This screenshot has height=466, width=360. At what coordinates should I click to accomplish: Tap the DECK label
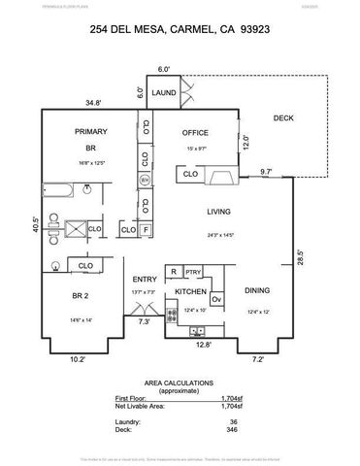(x=282, y=117)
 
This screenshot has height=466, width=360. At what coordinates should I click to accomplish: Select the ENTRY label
(x=144, y=279)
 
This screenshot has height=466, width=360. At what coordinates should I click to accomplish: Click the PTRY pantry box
(x=193, y=272)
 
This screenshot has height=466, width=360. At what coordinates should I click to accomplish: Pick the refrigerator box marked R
(x=173, y=272)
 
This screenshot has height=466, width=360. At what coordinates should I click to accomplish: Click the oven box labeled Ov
(x=216, y=300)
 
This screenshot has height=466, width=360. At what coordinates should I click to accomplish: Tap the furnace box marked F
(x=145, y=230)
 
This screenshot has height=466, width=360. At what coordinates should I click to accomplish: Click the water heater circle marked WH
(x=145, y=181)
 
